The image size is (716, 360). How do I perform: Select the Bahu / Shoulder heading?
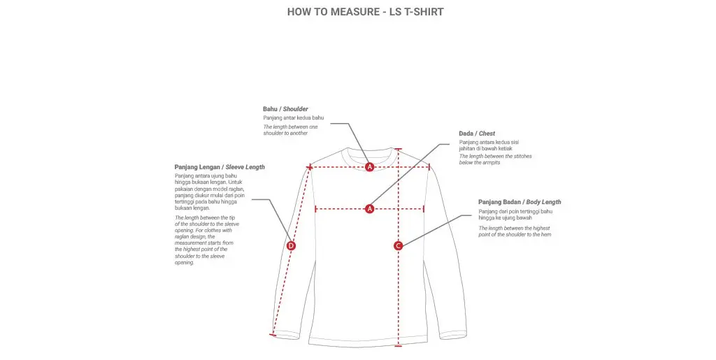(x=285, y=109)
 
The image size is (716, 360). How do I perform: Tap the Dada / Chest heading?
(x=477, y=134)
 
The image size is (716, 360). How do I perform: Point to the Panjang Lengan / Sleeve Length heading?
(x=220, y=167)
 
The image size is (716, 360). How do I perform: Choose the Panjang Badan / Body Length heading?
(x=520, y=202)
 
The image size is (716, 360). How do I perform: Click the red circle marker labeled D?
(x=292, y=245)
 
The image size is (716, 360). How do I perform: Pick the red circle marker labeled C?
(x=398, y=245)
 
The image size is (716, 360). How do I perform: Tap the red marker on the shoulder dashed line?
(x=370, y=166)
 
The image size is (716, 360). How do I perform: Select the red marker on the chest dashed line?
(x=370, y=208)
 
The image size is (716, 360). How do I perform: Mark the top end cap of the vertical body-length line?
(x=399, y=149)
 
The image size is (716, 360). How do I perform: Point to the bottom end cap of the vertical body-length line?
(x=399, y=345)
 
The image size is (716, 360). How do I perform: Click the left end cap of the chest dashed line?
(x=316, y=208)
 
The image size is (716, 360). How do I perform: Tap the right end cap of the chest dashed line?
(x=424, y=208)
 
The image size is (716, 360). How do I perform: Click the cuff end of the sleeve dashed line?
(x=273, y=336)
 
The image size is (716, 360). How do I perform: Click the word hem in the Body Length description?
(x=545, y=235)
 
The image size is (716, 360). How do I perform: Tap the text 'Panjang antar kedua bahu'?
(x=294, y=118)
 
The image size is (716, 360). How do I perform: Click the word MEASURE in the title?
(x=348, y=12)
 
